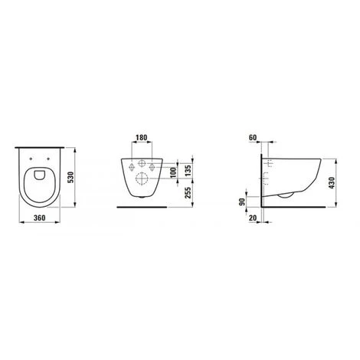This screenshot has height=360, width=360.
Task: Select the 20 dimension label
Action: point(254,218)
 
